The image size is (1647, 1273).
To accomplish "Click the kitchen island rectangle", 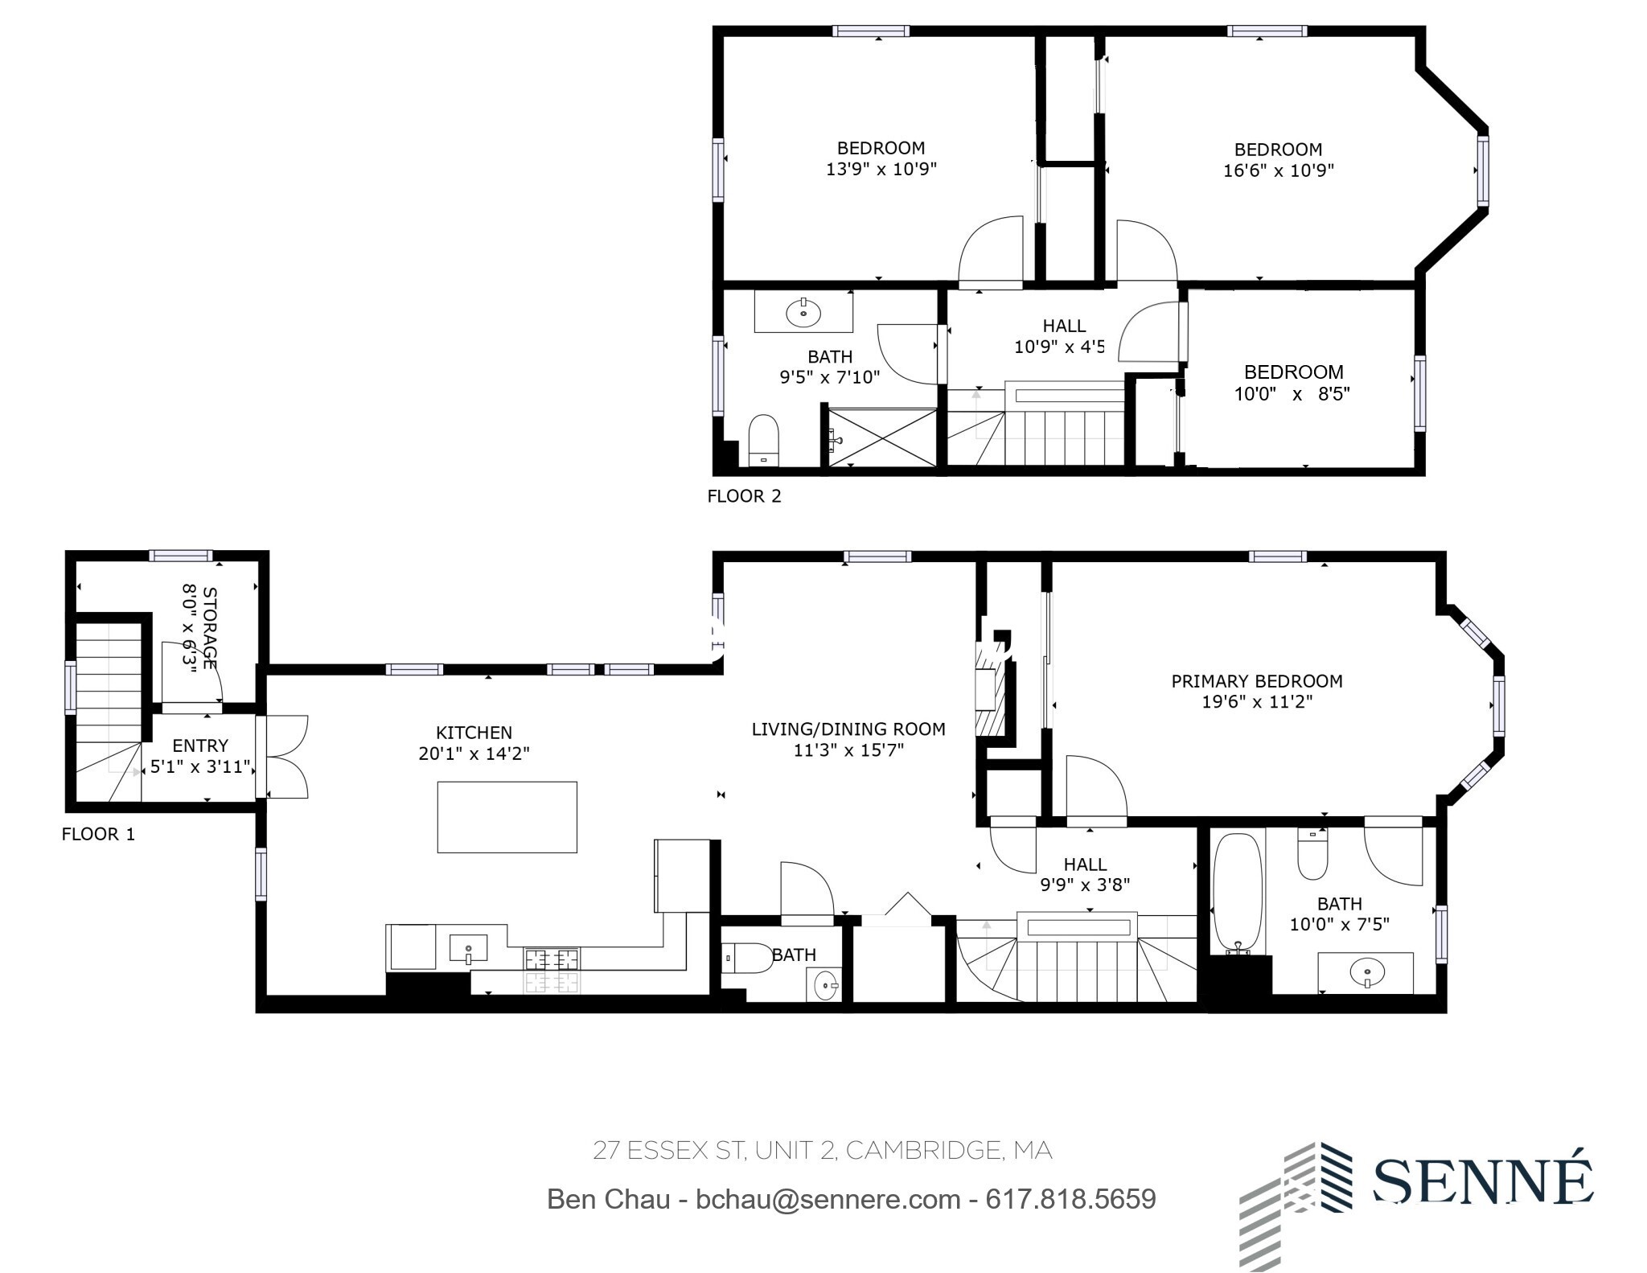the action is tap(507, 816).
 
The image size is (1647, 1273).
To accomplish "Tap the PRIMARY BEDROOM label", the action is tap(1257, 681).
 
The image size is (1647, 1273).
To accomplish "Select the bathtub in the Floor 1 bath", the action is tap(1238, 893).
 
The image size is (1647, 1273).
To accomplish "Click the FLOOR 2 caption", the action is tap(744, 496).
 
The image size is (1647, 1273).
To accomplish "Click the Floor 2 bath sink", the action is tap(803, 312).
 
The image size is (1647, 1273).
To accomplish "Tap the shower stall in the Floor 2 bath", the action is tap(882, 437).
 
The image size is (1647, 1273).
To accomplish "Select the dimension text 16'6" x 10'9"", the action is tap(1279, 170).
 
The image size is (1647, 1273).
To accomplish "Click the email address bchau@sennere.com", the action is tap(828, 1200).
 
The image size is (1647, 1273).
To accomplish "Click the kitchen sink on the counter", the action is tap(468, 948).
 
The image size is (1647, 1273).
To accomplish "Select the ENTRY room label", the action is tap(200, 745).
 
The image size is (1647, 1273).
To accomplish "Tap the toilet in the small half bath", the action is tap(747, 959).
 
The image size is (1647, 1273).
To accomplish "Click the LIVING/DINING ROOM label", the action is tap(848, 729).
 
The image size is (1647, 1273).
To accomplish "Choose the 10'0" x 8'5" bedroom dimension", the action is tap(1292, 394).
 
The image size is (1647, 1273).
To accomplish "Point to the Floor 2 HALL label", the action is tap(1064, 326).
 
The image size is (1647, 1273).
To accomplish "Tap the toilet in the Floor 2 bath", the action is tap(763, 441).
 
